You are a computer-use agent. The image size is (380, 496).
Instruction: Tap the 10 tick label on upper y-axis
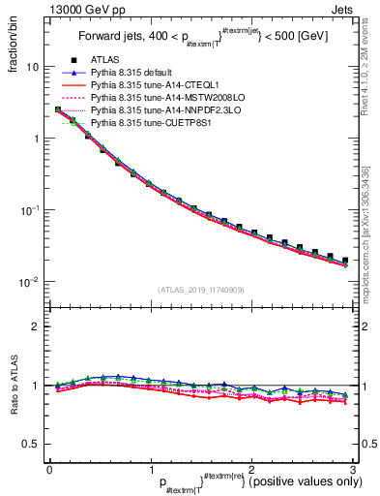click(x=33, y=68)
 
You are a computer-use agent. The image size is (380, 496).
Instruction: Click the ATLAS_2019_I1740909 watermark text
click(x=199, y=290)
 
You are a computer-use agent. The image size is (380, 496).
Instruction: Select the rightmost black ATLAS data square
click(x=345, y=260)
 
